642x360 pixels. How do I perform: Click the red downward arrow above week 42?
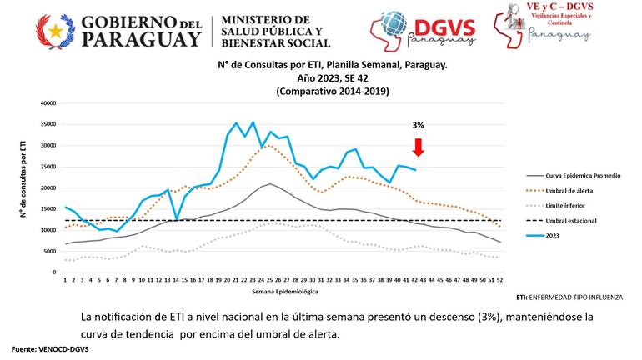(418, 147)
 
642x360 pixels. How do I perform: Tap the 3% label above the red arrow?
(418, 125)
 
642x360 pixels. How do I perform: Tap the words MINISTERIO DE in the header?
(263, 19)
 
